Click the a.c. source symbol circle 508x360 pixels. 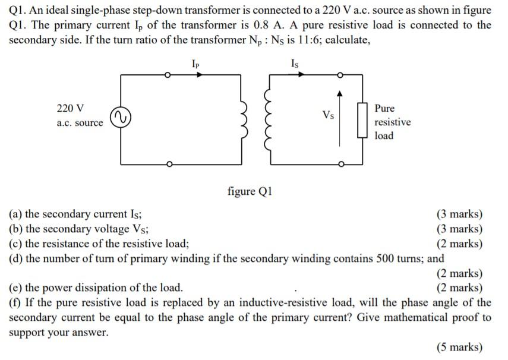point(121,118)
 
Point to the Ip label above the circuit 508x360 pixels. point(195,62)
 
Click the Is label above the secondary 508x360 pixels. point(295,62)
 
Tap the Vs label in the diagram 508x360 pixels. point(327,115)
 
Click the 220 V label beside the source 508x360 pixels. point(70,108)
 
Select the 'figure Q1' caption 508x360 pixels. point(250,191)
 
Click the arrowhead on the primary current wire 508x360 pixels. point(200,75)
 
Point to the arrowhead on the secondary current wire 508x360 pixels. point(301,75)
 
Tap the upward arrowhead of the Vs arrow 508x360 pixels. point(340,93)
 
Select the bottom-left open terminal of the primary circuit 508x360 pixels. point(169,164)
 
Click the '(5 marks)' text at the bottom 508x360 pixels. point(459,348)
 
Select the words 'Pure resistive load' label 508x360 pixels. point(392,122)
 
